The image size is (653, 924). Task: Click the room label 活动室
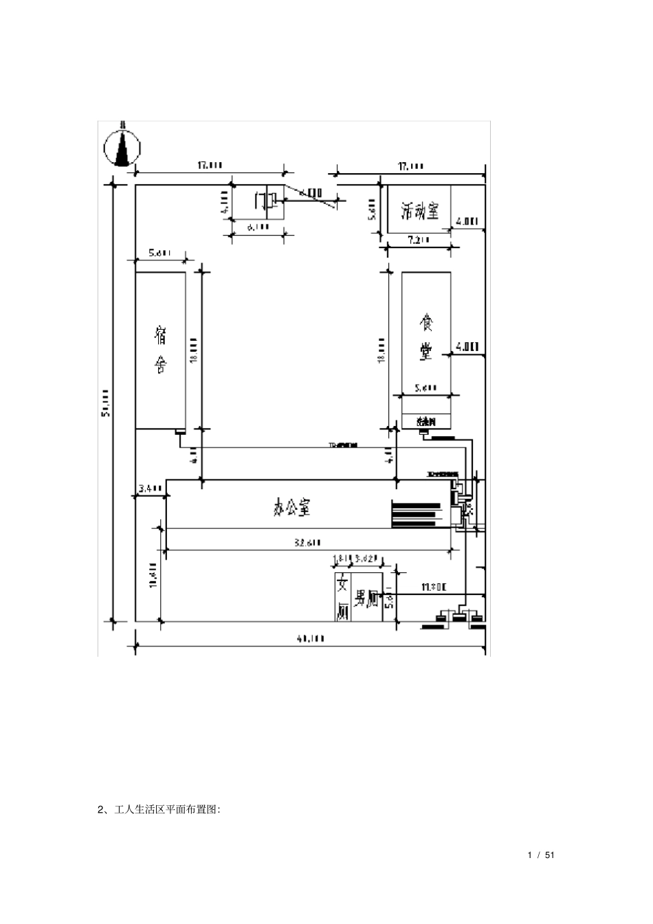pos(419,210)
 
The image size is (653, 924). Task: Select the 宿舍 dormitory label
pos(160,350)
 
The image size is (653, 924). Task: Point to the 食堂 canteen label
pos(426,337)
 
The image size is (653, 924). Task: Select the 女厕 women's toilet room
pos(342,598)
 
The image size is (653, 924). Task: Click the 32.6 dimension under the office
pos(307,543)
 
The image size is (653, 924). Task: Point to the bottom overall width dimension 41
pos(311,638)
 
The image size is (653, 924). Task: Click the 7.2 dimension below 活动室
pos(417,240)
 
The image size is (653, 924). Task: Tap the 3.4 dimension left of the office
pos(149,488)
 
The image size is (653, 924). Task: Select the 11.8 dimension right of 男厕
pos(434,587)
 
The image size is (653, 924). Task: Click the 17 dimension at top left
pos(210,165)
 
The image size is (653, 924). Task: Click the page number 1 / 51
pos(541,855)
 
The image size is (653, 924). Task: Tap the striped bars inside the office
pos(416,514)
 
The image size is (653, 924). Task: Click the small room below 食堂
pos(426,420)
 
